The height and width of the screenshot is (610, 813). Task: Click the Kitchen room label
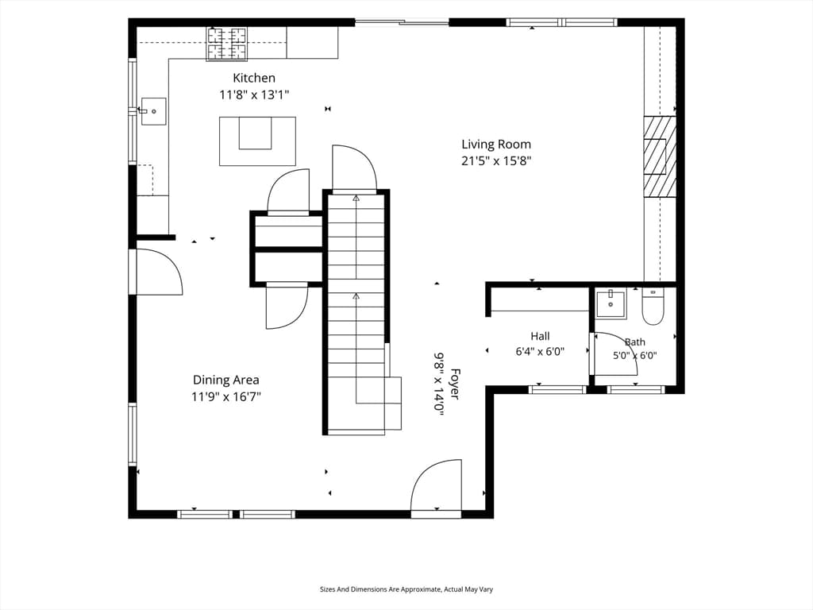[x=253, y=79]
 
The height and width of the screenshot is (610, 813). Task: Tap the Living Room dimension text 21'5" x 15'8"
[x=496, y=160]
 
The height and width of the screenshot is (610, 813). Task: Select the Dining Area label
[x=226, y=380]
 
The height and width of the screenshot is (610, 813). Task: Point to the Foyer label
[x=455, y=384]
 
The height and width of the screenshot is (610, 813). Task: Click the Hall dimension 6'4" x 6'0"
[x=540, y=352]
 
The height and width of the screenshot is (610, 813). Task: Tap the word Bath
[x=634, y=342]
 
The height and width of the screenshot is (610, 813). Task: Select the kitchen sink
[x=153, y=111]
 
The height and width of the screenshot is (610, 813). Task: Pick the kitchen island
[x=257, y=141]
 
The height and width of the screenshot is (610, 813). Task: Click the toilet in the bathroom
[x=653, y=307]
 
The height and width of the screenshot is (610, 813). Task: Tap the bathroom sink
[x=611, y=303]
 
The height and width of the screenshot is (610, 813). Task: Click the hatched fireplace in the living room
[x=660, y=156]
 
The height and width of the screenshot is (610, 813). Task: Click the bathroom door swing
[x=615, y=353]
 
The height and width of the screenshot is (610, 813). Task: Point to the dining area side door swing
[x=158, y=272]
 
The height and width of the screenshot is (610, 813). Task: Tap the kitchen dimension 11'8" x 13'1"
[x=254, y=95]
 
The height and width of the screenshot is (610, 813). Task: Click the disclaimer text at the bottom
[x=406, y=589]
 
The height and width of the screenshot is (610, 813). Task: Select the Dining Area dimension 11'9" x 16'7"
[x=226, y=397]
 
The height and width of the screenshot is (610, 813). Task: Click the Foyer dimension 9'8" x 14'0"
[x=439, y=381]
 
